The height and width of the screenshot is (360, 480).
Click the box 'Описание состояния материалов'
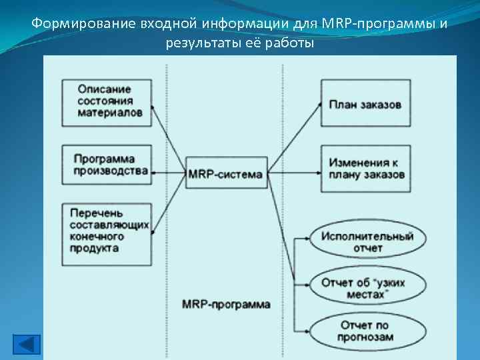click(105, 102)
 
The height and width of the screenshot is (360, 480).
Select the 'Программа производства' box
click(105, 165)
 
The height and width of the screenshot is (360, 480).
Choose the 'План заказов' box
click(365, 103)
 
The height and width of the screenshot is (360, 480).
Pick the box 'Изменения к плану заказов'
click(365, 169)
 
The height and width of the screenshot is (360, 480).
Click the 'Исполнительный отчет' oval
click(367, 242)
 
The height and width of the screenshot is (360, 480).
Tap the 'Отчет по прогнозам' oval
click(367, 331)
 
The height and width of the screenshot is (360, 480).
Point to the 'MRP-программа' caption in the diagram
click(226, 304)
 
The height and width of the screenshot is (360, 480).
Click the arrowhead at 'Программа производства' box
click(153, 173)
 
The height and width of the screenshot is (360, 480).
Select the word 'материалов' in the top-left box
click(109, 113)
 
